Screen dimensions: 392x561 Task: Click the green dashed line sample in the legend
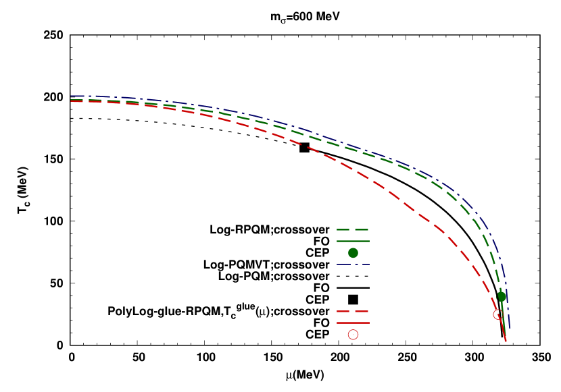point(352,230)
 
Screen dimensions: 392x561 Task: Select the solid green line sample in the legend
point(352,241)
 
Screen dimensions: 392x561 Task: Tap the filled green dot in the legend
point(353,253)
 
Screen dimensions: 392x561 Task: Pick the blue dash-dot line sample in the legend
point(352,264)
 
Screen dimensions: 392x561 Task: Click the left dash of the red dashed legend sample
point(343,312)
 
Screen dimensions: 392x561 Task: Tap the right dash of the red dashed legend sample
point(362,312)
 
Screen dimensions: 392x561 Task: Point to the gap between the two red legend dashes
point(352,312)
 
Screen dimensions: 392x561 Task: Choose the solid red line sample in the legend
point(352,323)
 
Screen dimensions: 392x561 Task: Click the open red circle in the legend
point(353,335)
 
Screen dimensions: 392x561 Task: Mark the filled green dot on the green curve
point(502,297)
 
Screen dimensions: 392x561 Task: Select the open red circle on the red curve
point(497,314)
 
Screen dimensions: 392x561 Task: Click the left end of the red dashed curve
point(72,101)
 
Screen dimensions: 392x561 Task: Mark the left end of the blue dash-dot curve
point(72,96)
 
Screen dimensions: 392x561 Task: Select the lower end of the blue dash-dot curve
point(509,327)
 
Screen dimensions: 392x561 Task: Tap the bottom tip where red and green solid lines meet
point(506,341)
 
